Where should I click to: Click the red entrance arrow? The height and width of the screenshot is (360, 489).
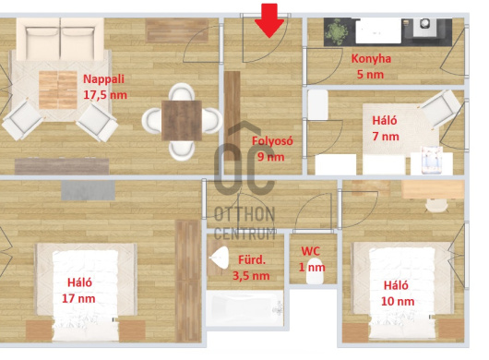[269, 20]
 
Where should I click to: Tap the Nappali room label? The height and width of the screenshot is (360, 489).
[103, 79]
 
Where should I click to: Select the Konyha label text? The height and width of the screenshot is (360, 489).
[371, 59]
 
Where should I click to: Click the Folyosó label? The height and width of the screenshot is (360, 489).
[272, 141]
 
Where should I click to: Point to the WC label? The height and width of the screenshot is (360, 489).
[310, 251]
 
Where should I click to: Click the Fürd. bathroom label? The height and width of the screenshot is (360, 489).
[252, 259]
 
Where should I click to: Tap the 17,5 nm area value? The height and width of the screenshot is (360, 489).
[105, 95]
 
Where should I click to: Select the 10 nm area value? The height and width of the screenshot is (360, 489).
[398, 301]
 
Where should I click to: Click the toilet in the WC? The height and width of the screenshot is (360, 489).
[314, 270]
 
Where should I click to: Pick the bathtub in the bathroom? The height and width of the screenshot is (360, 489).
[244, 308]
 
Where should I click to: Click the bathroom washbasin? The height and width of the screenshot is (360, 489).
[220, 258]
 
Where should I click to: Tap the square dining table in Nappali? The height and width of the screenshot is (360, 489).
[182, 120]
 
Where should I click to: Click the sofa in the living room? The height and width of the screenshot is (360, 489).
[60, 39]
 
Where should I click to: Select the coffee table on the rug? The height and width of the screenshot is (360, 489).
[58, 90]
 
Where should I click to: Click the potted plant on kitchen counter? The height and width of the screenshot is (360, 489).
[336, 31]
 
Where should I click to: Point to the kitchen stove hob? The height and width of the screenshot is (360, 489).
[424, 24]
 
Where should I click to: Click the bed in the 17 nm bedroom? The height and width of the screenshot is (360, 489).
[86, 294]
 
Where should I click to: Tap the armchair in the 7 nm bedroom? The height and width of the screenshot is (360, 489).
[440, 108]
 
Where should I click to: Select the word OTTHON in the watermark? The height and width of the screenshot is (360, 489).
[244, 214]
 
